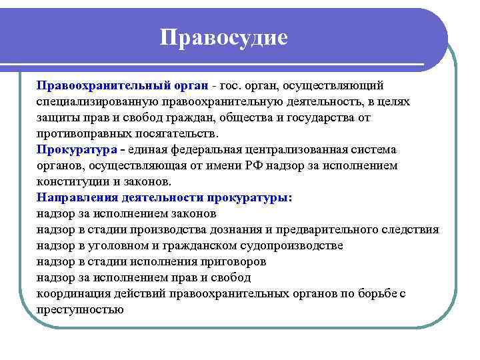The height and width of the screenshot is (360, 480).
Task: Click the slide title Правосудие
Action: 224,37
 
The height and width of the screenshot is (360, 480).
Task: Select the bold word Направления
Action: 78,197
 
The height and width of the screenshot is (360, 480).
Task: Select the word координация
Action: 70,293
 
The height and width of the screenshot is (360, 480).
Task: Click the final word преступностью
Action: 80,309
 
